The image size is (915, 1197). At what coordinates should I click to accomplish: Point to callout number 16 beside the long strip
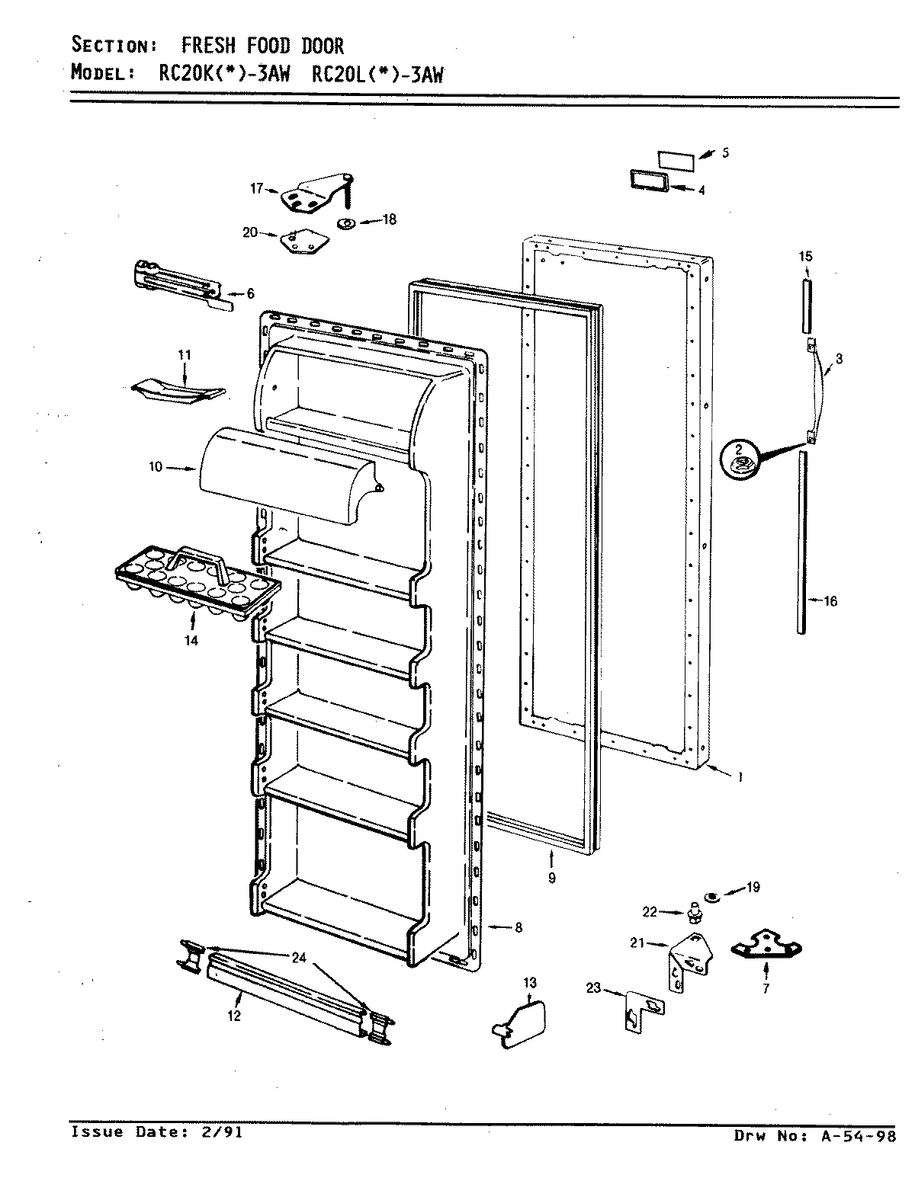tap(830, 601)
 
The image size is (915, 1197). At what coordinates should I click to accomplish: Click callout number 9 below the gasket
tap(551, 878)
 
